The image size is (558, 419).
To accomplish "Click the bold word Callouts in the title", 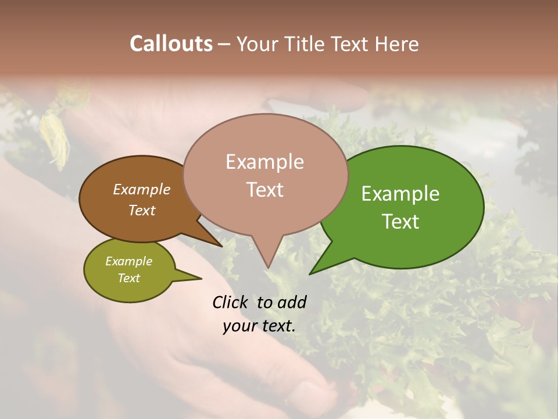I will coord(171,44).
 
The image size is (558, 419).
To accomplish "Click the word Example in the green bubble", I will coord(400,194).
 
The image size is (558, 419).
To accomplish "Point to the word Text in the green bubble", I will coord(400,222).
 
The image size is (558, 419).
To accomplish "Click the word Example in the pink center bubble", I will coord(264,162).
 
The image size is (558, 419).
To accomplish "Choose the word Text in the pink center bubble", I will coord(264,190).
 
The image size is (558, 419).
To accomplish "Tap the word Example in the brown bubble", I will coord(142,190).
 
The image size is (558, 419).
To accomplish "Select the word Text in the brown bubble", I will coord(142,210).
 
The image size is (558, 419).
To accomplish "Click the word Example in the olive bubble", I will coord(128,261).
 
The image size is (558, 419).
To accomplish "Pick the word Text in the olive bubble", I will coord(128,278).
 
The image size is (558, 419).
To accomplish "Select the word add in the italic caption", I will coord(291,302).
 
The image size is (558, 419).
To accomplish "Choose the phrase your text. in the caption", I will coord(259,326).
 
